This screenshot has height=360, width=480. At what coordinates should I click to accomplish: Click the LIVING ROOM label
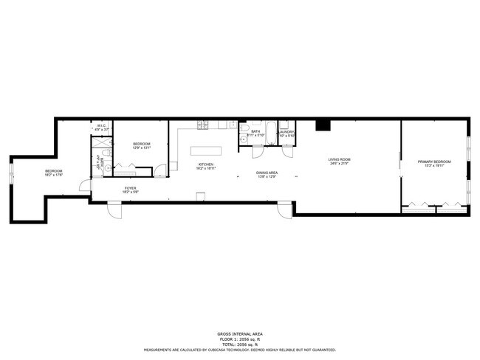click(340, 159)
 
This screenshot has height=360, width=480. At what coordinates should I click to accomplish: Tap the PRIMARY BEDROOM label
click(433, 162)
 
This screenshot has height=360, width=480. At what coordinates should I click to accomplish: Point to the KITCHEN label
click(205, 165)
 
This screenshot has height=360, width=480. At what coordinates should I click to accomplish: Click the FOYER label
click(130, 188)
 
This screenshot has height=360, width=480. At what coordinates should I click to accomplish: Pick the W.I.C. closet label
click(101, 126)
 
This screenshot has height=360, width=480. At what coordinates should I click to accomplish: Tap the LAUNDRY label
click(287, 132)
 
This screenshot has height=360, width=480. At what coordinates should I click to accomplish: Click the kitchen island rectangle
click(205, 150)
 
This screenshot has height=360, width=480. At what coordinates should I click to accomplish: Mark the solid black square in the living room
click(323, 125)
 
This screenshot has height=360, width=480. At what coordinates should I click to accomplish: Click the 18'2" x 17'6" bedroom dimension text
click(53, 175)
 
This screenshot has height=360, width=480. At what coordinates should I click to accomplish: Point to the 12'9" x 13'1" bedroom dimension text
click(141, 148)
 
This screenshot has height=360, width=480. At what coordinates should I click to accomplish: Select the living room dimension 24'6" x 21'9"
click(340, 163)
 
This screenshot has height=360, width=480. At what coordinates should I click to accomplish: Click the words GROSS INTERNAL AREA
click(240, 333)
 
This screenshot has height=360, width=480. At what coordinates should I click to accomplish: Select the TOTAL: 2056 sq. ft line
click(240, 344)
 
